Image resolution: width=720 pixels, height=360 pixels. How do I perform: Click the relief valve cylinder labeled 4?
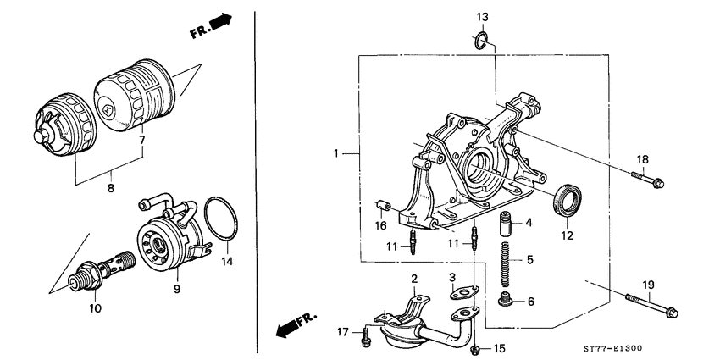(x=507, y=226)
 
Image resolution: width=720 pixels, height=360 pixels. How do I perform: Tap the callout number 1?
(x=336, y=155)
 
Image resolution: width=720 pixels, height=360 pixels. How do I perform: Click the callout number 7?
(x=142, y=139)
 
